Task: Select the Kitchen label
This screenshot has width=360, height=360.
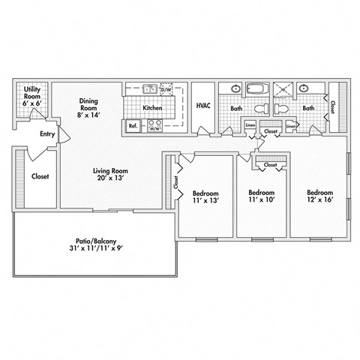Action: click(153, 108)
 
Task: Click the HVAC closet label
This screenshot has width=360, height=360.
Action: click(203, 106)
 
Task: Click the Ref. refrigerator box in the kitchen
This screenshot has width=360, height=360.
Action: click(133, 126)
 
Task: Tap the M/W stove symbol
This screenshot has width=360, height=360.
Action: click(156, 127)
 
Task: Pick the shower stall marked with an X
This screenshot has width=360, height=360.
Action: click(286, 90)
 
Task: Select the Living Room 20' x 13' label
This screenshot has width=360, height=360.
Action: click(109, 174)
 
